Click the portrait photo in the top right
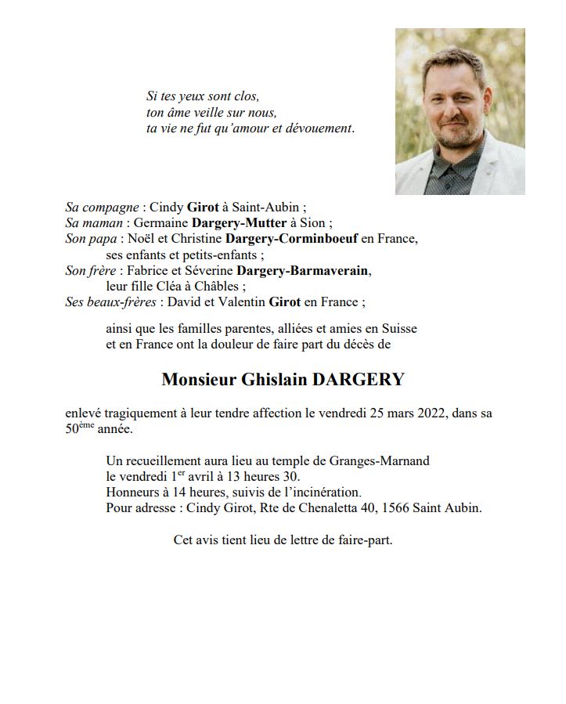tap(460, 111)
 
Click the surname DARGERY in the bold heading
tap(359, 380)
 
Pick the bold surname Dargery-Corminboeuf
tap(291, 238)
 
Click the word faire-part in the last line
tap(365, 540)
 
